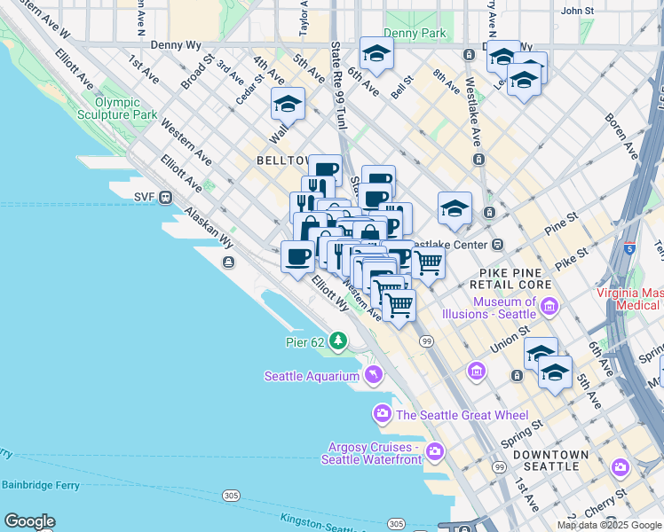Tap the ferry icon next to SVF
[x=165, y=198]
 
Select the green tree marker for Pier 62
[x=337, y=340]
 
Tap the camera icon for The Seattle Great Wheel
[x=383, y=414]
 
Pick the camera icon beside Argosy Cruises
[x=434, y=452]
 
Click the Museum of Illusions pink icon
[x=549, y=308]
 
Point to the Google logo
[x=29, y=521]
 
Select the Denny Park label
[x=426, y=33]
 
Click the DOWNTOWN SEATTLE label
[x=555, y=460]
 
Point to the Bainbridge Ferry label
[x=40, y=485]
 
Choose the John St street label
[x=577, y=11]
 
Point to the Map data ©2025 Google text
[x=609, y=525]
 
